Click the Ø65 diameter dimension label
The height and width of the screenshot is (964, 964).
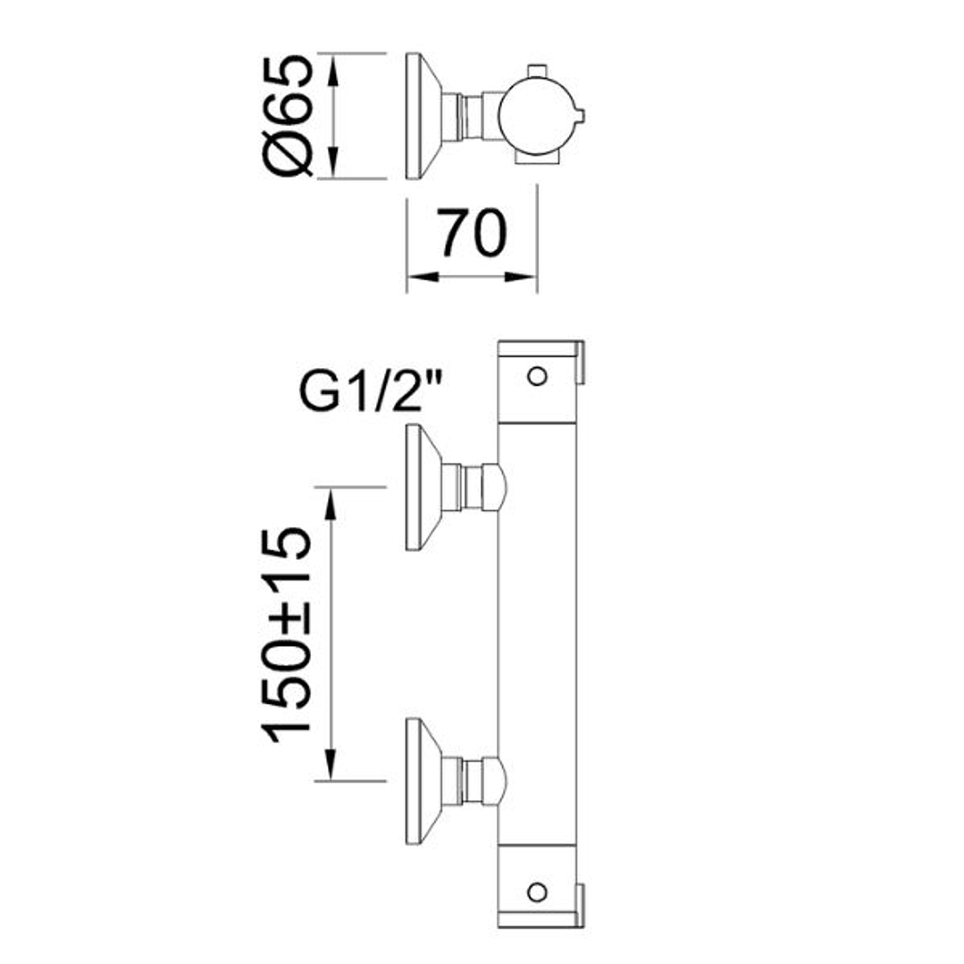289,115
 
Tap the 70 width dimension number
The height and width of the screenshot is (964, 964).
472,233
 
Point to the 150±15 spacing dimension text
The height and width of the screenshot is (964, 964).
287,634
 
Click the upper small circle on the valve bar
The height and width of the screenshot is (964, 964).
537,376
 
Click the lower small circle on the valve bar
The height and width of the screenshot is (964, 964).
537,892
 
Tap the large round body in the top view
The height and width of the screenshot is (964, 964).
537,115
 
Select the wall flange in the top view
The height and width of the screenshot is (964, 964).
424,116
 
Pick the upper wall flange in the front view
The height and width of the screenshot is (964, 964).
424,487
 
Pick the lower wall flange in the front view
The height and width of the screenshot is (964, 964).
424,781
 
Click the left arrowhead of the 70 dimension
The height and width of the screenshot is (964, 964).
423,277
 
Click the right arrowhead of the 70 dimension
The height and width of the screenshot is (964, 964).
521,277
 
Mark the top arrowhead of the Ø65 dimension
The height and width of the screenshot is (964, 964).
332,70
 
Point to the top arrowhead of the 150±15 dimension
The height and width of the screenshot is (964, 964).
331,504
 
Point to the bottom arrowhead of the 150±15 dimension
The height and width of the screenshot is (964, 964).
331,764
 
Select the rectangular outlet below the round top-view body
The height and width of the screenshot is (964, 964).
537,159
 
